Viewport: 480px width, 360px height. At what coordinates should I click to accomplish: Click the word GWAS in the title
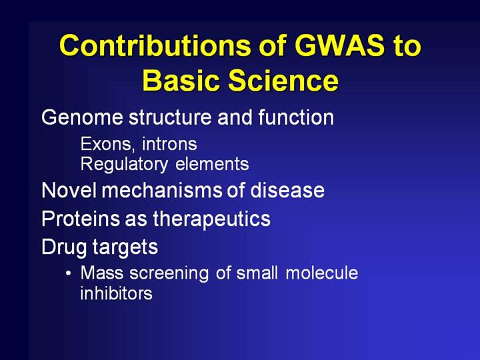click(339, 45)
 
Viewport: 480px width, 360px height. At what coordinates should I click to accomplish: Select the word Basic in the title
click(181, 80)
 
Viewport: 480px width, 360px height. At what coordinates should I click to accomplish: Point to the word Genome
click(82, 117)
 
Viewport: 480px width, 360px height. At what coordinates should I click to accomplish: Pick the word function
click(296, 117)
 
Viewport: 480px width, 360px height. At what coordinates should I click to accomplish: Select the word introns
click(169, 144)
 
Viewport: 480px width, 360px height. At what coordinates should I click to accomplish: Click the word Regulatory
click(124, 165)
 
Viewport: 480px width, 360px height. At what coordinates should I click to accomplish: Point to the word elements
click(212, 164)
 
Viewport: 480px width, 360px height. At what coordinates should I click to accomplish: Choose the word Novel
click(69, 190)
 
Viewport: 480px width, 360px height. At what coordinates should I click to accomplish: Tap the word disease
click(287, 190)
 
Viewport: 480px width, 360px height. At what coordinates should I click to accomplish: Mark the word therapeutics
click(211, 219)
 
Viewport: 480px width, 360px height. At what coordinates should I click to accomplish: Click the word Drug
click(65, 247)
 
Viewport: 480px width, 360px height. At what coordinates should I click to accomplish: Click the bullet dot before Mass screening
click(69, 273)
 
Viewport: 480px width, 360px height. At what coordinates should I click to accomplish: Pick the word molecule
click(322, 273)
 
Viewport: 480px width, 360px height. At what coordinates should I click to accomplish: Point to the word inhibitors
click(116, 293)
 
